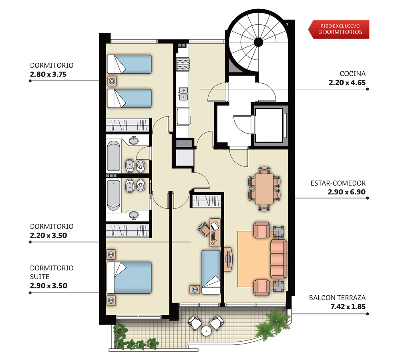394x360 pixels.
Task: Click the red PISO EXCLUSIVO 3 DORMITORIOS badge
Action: click(x=339, y=29)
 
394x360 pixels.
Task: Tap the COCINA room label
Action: click(x=352, y=74)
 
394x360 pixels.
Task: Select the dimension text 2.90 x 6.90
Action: click(x=346, y=192)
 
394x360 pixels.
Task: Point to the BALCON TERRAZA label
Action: click(x=337, y=298)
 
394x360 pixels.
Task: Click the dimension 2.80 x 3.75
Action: click(x=48, y=74)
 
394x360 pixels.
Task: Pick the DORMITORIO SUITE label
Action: click(x=52, y=272)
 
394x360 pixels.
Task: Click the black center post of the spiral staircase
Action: click(x=258, y=42)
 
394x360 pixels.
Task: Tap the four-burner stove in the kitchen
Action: click(x=183, y=64)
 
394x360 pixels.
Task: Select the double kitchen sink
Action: click(x=183, y=93)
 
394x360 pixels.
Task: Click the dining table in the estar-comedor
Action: click(x=264, y=189)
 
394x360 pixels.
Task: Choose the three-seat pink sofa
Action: click(x=279, y=259)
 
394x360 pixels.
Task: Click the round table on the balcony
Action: click(x=206, y=331)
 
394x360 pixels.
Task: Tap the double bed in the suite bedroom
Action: click(x=129, y=278)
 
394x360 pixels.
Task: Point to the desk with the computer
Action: click(x=215, y=232)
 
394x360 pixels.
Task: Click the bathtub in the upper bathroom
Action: click(x=114, y=156)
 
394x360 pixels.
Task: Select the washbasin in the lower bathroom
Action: click(x=134, y=215)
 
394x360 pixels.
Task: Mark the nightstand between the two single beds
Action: click(x=112, y=81)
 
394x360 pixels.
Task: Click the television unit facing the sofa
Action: click(x=228, y=259)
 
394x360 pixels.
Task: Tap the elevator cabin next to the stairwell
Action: click(x=269, y=125)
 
